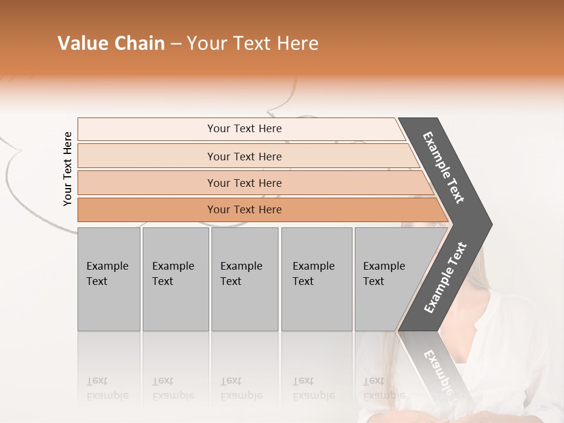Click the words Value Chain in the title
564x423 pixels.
[x=111, y=43]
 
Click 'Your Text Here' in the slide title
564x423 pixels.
[x=253, y=43]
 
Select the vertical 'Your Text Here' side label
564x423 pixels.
[x=68, y=169]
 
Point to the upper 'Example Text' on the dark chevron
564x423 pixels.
[x=444, y=167]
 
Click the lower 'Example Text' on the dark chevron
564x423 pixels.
[x=445, y=277]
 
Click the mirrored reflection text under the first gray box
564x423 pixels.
[x=107, y=388]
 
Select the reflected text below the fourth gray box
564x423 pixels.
[x=313, y=388]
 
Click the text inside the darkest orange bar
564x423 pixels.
[x=244, y=210]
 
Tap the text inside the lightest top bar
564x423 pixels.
[x=244, y=129]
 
